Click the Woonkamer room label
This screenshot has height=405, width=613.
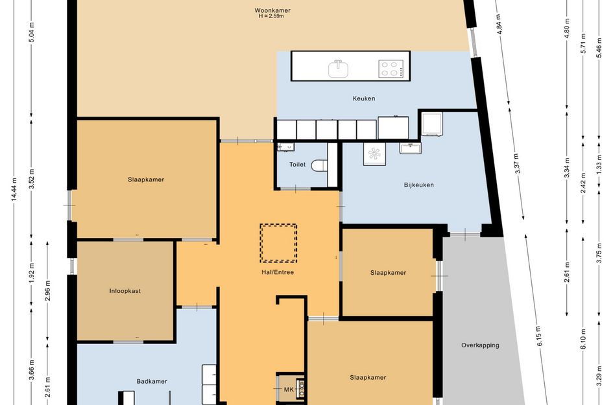[x=272, y=10]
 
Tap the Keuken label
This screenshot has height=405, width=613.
[x=364, y=98]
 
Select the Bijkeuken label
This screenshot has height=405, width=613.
[x=418, y=185]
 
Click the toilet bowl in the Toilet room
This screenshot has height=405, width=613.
[x=319, y=166]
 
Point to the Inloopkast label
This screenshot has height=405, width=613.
[x=125, y=291]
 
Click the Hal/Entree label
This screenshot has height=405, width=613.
[x=278, y=272]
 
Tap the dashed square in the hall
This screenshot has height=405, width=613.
[x=278, y=243]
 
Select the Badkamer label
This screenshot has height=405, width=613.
[x=152, y=382]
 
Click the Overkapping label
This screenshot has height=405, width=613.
[x=480, y=345]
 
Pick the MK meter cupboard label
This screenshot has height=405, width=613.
[x=289, y=389]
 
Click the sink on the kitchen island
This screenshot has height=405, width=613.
[x=338, y=69]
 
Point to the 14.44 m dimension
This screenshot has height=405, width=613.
[x=14, y=189]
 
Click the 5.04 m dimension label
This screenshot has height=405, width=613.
[x=32, y=32]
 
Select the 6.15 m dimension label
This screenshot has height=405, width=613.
[x=538, y=336]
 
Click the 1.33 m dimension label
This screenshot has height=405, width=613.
[x=599, y=163]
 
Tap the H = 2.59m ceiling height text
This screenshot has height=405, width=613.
[x=271, y=16]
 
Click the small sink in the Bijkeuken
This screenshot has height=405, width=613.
[x=410, y=148]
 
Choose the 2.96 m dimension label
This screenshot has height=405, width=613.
[x=48, y=291]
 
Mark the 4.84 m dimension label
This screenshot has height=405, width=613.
[x=499, y=24]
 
